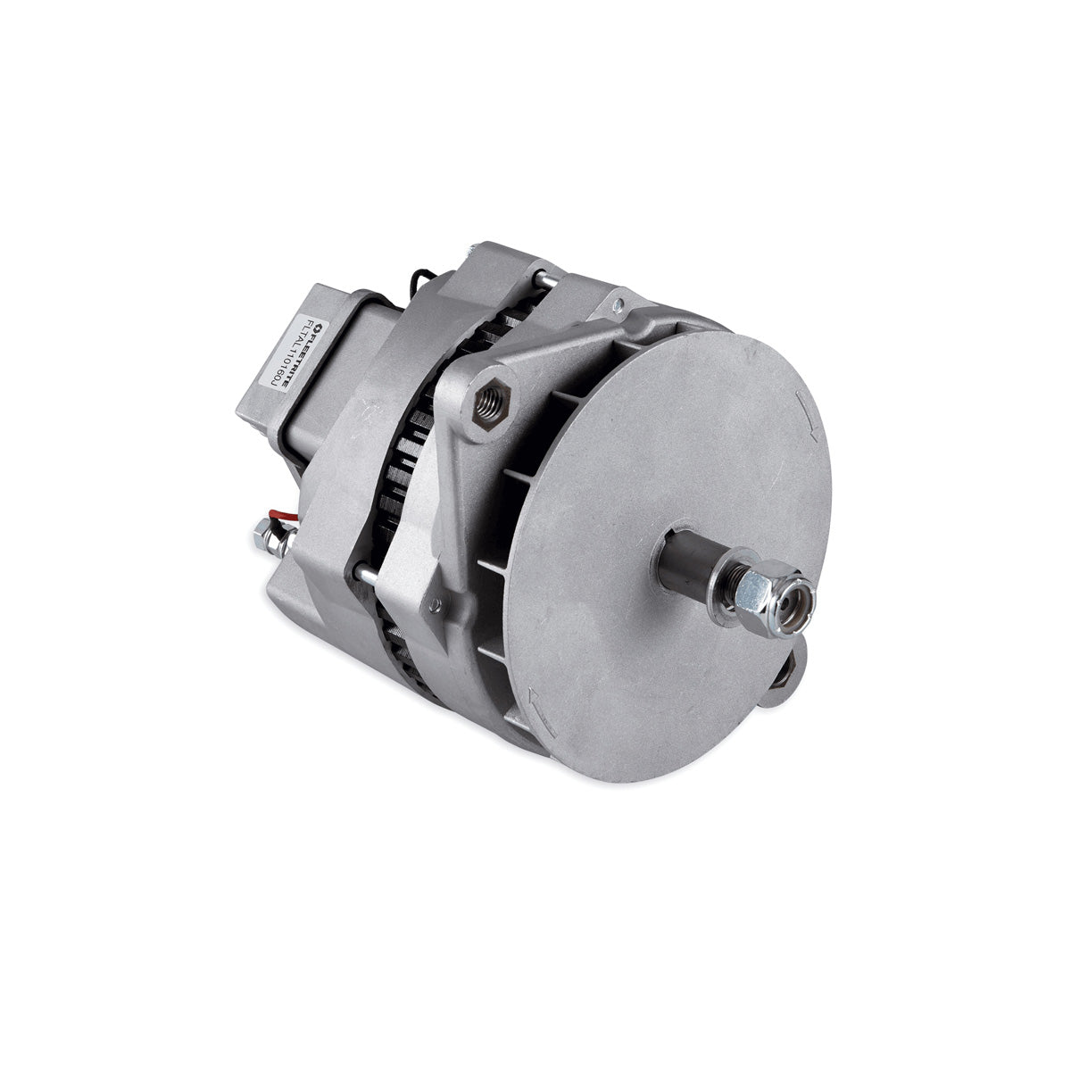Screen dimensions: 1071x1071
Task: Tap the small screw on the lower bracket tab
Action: (435, 606)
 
